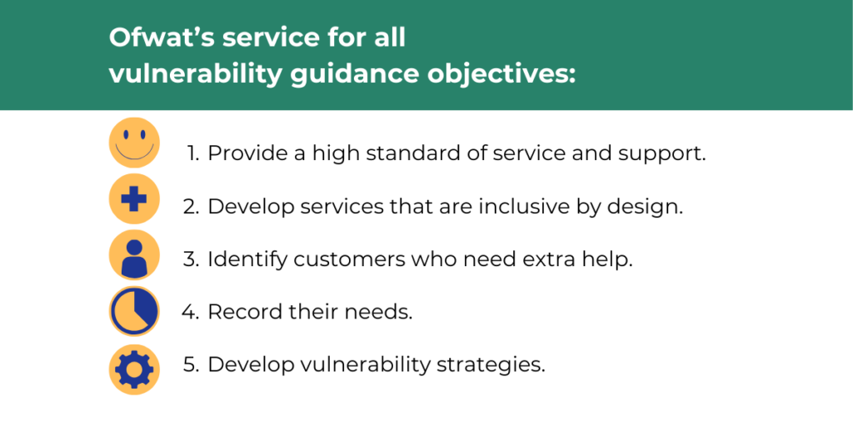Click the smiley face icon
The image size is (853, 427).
pyautogui.click(x=134, y=143)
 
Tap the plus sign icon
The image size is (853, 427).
pyautogui.click(x=134, y=198)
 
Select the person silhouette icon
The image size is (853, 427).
pyautogui.click(x=134, y=255)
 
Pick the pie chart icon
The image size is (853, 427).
pyautogui.click(x=134, y=312)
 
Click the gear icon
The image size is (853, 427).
pyautogui.click(x=134, y=369)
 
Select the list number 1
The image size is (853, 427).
pyautogui.click(x=193, y=153)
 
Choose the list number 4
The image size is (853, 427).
pyautogui.click(x=191, y=312)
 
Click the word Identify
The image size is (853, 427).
pyautogui.click(x=247, y=260)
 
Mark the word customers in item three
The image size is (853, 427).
pyautogui.click(x=347, y=259)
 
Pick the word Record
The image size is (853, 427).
pyautogui.click(x=240, y=312)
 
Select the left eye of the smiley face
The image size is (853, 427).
pyautogui.click(x=126, y=134)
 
